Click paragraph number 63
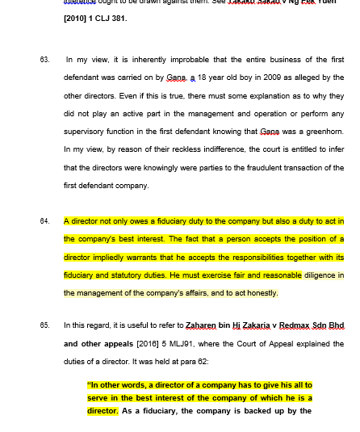click(x=44, y=60)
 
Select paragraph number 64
click(x=44, y=220)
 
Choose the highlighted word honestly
click(x=260, y=292)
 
